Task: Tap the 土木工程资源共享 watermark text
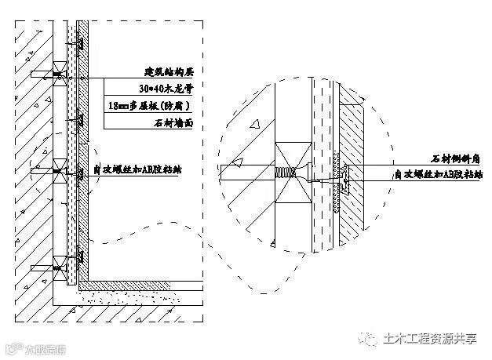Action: [432, 339]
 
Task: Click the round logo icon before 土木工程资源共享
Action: [370, 339]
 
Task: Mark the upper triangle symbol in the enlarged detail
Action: [255, 124]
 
